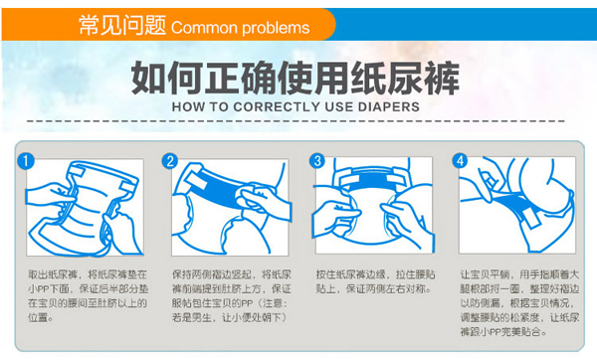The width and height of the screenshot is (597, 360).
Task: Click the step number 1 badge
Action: (28, 161)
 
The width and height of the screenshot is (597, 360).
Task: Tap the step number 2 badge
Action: (171, 161)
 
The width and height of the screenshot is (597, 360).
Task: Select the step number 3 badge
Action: (316, 161)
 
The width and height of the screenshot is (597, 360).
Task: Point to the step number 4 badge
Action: (460, 161)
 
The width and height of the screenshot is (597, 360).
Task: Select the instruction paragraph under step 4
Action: (517, 301)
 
